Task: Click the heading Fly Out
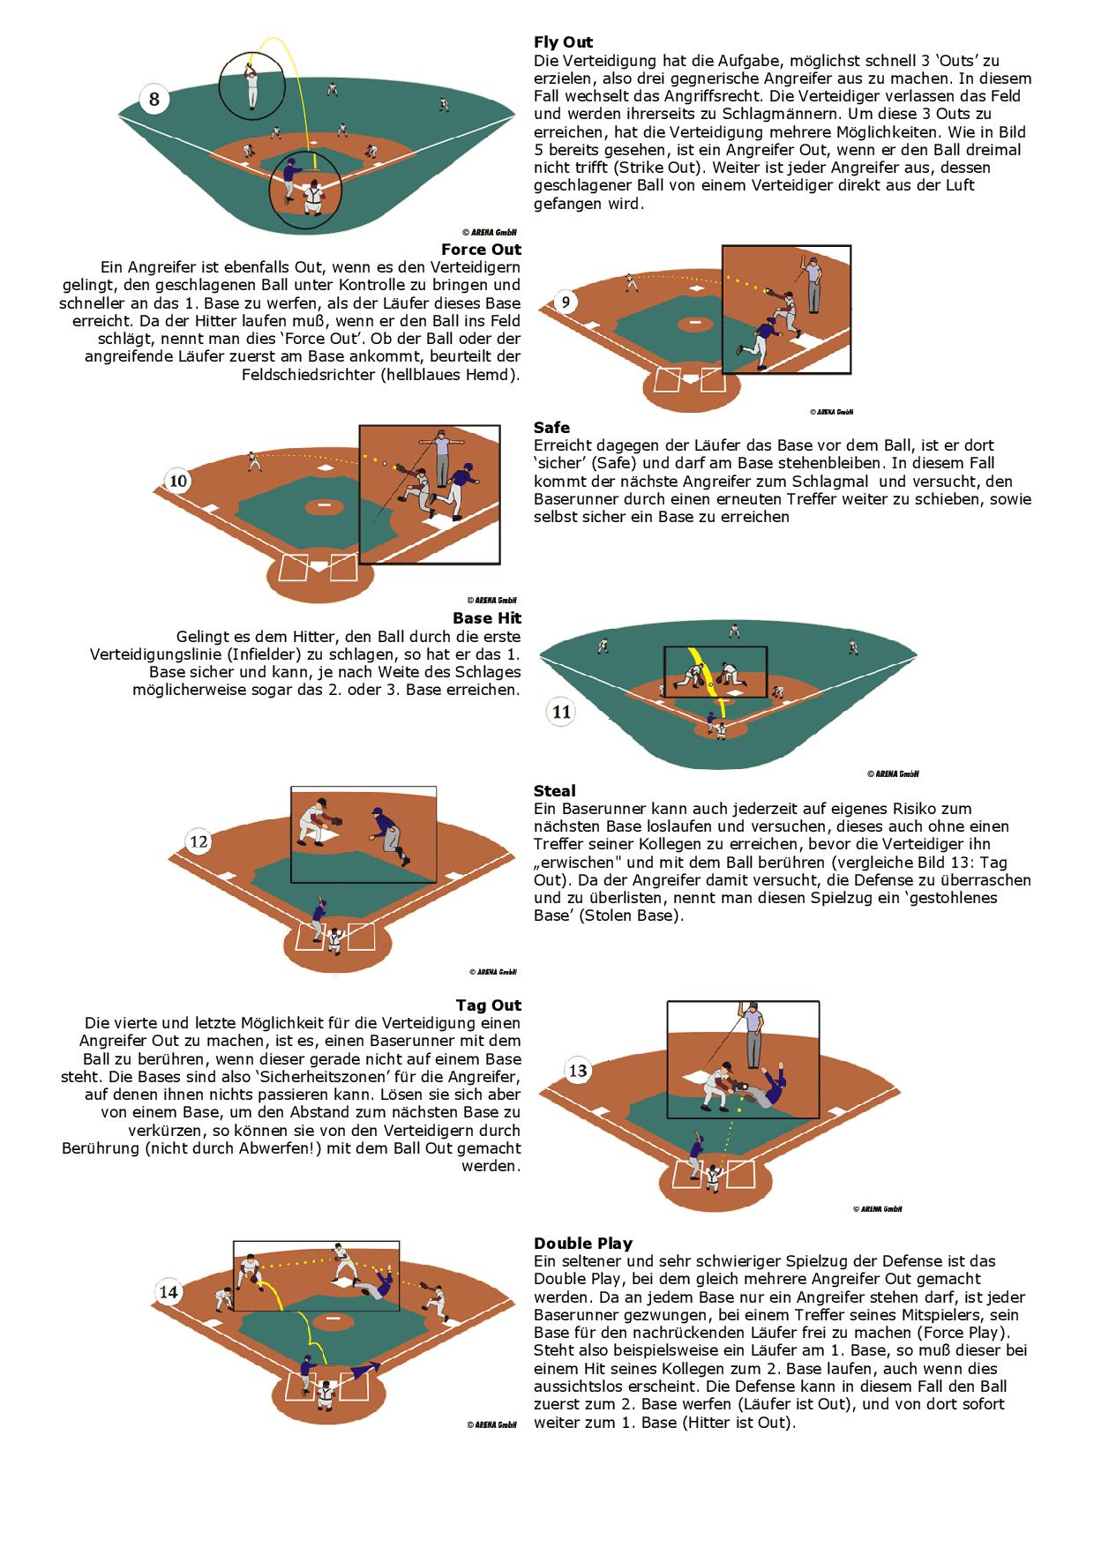563,42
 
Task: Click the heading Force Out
481,250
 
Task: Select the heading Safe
551,428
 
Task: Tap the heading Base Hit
486,618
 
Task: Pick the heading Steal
554,790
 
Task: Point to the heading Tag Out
488,1005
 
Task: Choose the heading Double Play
582,1243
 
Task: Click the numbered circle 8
154,100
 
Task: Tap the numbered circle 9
566,303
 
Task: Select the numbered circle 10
178,481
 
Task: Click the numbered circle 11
562,712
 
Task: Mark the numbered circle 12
199,841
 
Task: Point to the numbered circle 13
578,1071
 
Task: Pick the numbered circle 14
168,1292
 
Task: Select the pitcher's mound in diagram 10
324,506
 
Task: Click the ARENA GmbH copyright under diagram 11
893,773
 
